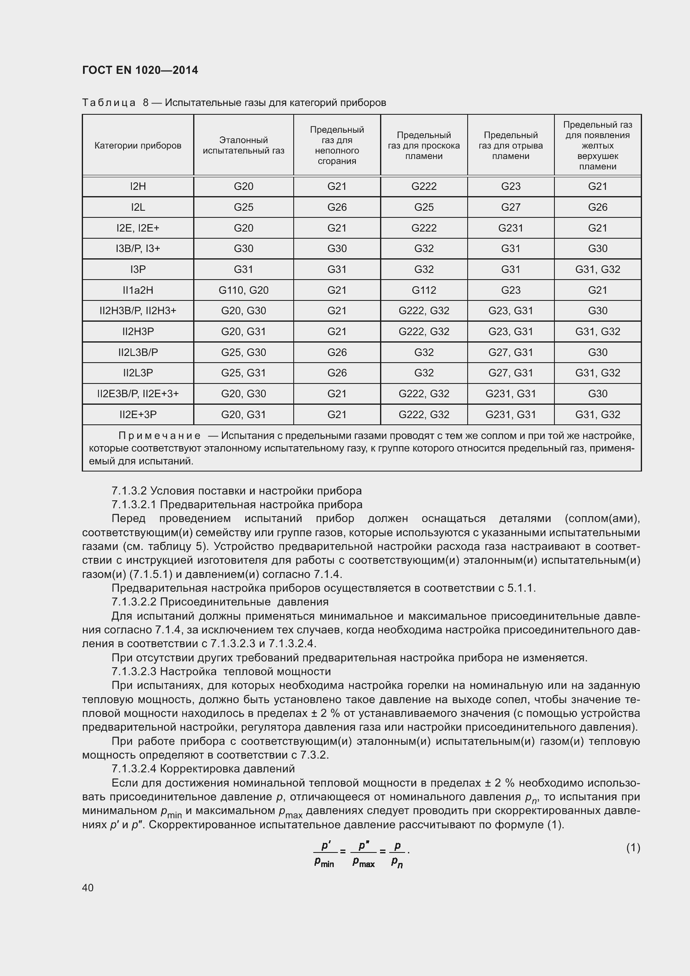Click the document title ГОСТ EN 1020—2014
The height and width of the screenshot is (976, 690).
(x=140, y=70)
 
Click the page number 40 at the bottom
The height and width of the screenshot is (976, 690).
(x=88, y=888)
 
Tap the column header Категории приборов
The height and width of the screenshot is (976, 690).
(x=138, y=145)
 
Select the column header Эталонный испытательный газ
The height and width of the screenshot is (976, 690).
(x=244, y=145)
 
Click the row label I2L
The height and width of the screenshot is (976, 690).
(x=138, y=207)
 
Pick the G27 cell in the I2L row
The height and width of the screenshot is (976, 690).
(x=510, y=207)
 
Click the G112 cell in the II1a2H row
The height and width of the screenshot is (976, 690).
(x=423, y=290)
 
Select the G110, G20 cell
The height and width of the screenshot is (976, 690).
(x=244, y=290)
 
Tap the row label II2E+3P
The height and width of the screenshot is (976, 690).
(x=138, y=414)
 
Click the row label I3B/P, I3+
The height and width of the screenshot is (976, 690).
(x=138, y=249)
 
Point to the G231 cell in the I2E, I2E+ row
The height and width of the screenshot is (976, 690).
(x=510, y=228)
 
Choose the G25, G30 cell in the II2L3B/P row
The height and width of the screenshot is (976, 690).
(x=244, y=353)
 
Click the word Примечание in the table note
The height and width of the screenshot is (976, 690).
(x=159, y=436)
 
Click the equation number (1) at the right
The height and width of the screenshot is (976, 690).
(x=633, y=847)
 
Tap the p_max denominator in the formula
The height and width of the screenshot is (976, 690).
(x=363, y=863)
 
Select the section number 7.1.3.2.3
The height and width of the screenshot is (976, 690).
(x=134, y=672)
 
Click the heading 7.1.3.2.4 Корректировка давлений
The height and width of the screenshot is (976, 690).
(x=203, y=769)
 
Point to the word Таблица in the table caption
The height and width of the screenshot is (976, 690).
(x=109, y=103)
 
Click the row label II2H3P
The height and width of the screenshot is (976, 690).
(x=138, y=332)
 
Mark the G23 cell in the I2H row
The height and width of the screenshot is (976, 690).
(x=510, y=186)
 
